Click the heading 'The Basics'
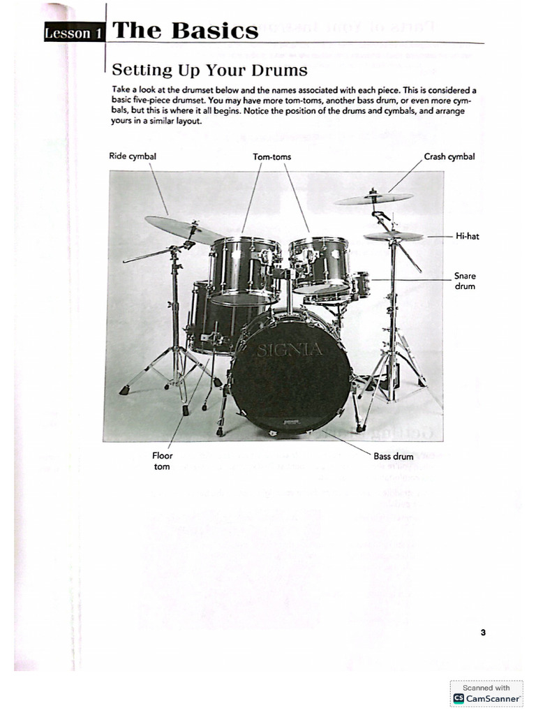tap(185, 31)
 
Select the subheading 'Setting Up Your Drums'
tap(209, 70)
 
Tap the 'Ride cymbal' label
tap(133, 156)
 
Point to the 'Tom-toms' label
tap(271, 156)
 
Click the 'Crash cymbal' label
tap(449, 156)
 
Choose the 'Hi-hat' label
tap(467, 236)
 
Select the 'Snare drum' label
tap(465, 281)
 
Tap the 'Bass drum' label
tap(394, 457)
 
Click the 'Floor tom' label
tap(162, 461)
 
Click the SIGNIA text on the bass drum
tap(289, 350)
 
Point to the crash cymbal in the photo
tap(373, 199)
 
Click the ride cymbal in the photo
tap(183, 230)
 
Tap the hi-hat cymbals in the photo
tap(394, 236)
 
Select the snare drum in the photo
tap(359, 285)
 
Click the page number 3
tap(483, 633)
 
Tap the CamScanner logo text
tap(493, 698)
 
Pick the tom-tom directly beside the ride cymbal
tap(244, 269)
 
